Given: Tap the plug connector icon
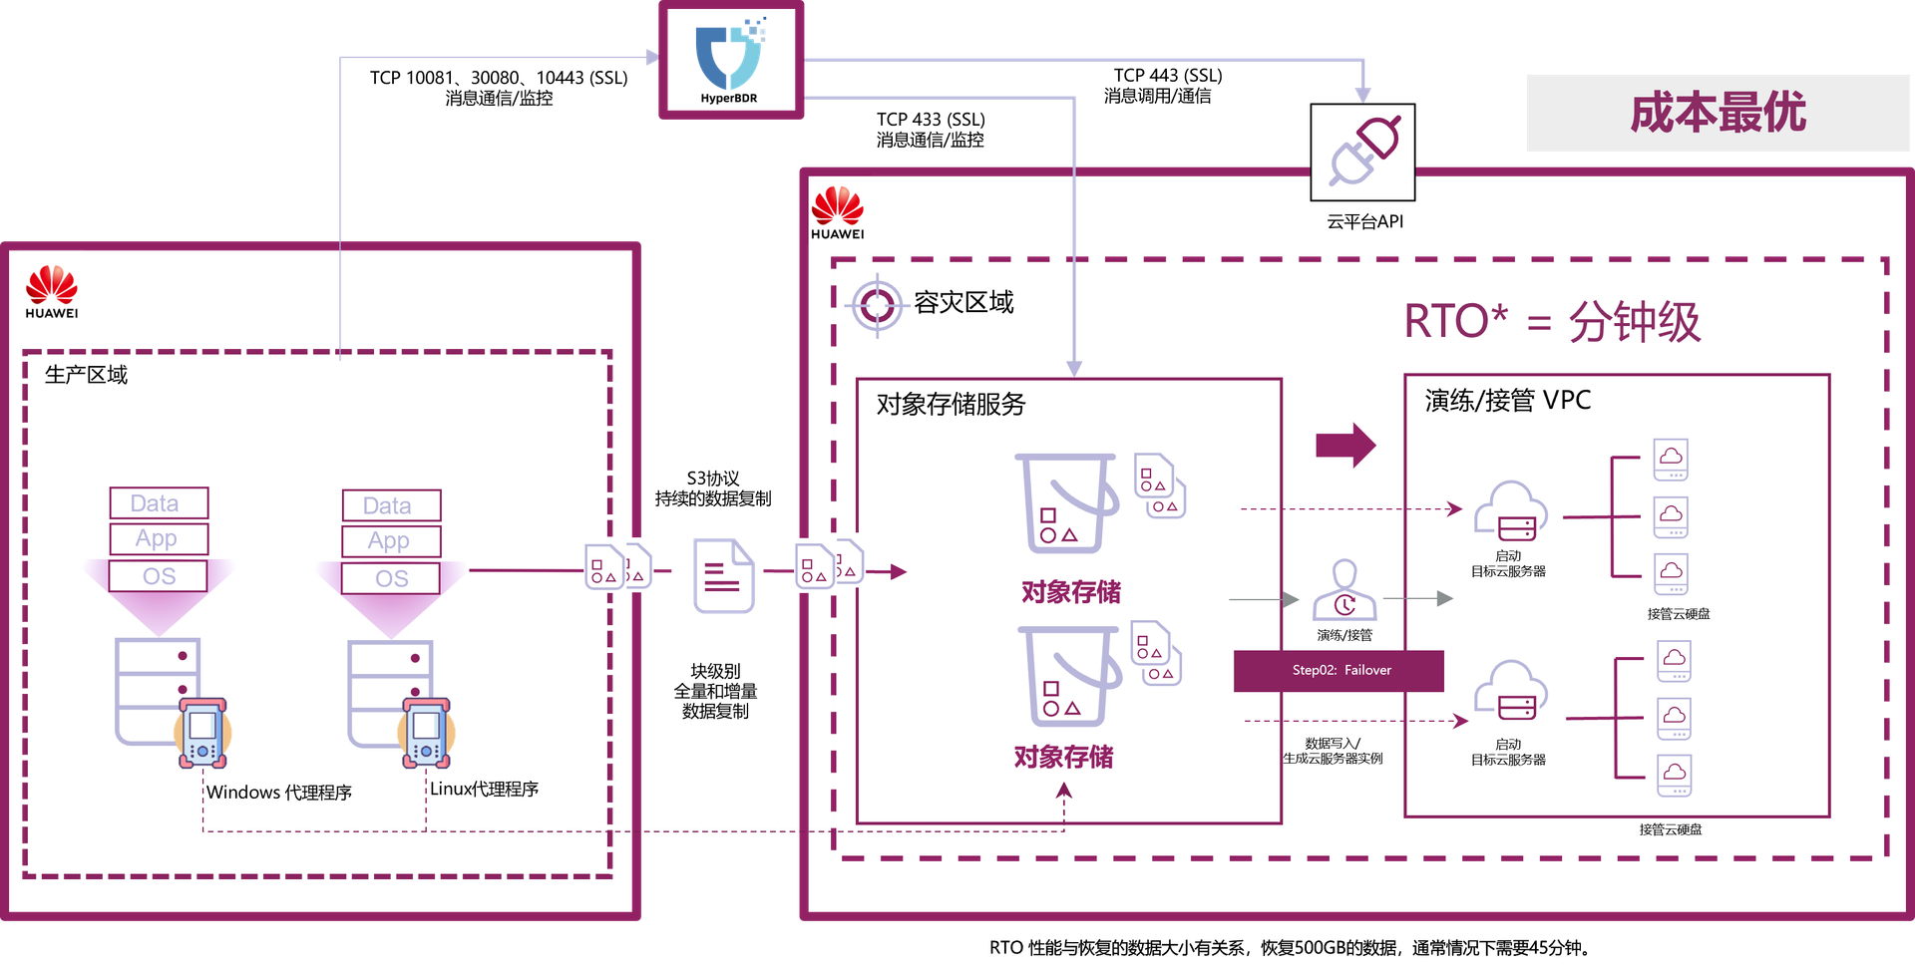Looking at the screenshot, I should point(1362,152).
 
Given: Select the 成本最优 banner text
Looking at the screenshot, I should point(1718,113).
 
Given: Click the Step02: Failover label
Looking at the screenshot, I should point(1340,670).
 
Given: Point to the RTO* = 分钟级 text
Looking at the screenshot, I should point(1552,322).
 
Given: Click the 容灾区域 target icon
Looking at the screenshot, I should point(877,304).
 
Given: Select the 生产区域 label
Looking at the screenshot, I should point(87,375).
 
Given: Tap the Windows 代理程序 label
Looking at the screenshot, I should point(279,793).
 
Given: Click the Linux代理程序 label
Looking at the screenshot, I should point(484,789).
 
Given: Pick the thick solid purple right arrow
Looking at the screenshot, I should point(1345,445).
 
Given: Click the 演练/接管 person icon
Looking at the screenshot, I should point(1344,591).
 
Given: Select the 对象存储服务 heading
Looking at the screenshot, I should point(951,404).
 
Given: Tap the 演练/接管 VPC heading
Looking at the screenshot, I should point(1507,401).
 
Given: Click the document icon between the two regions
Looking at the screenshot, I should point(724,575).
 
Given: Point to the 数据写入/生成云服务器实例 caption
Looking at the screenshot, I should point(1333,751).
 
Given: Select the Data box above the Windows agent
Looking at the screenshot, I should point(159,503).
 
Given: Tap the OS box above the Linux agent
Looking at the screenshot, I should point(391,578).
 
